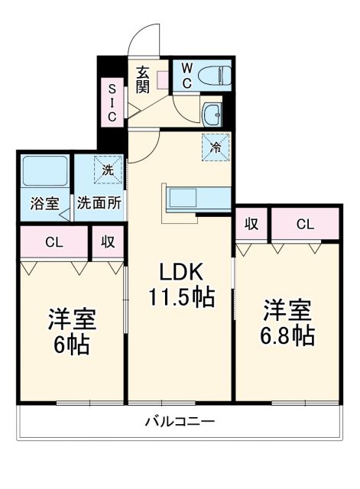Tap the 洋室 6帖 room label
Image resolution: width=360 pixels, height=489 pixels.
click(70, 330)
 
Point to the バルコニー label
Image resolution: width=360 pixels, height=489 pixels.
click(180, 421)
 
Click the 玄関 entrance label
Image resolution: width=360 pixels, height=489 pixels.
click(143, 79)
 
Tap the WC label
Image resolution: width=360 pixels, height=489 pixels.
click(186, 75)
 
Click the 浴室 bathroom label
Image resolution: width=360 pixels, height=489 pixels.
click(44, 203)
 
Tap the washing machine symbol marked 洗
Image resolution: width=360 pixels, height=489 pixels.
click(108, 170)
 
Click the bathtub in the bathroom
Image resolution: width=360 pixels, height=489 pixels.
click(44, 171)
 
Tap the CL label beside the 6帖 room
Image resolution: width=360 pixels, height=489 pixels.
click(53, 242)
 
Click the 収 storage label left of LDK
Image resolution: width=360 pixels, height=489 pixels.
click(108, 242)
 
